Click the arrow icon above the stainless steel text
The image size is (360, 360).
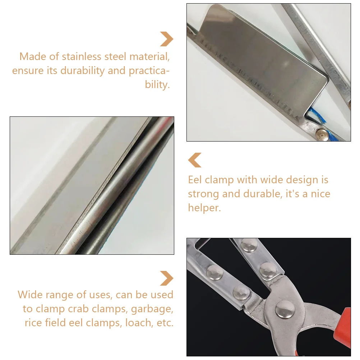(167, 39)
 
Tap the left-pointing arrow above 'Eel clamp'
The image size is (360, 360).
(195, 160)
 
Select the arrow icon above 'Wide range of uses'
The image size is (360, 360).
(167, 278)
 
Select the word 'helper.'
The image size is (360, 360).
(204, 208)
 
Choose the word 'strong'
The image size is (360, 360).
(203, 194)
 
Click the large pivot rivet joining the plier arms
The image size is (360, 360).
(285, 310)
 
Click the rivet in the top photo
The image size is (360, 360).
(321, 134)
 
